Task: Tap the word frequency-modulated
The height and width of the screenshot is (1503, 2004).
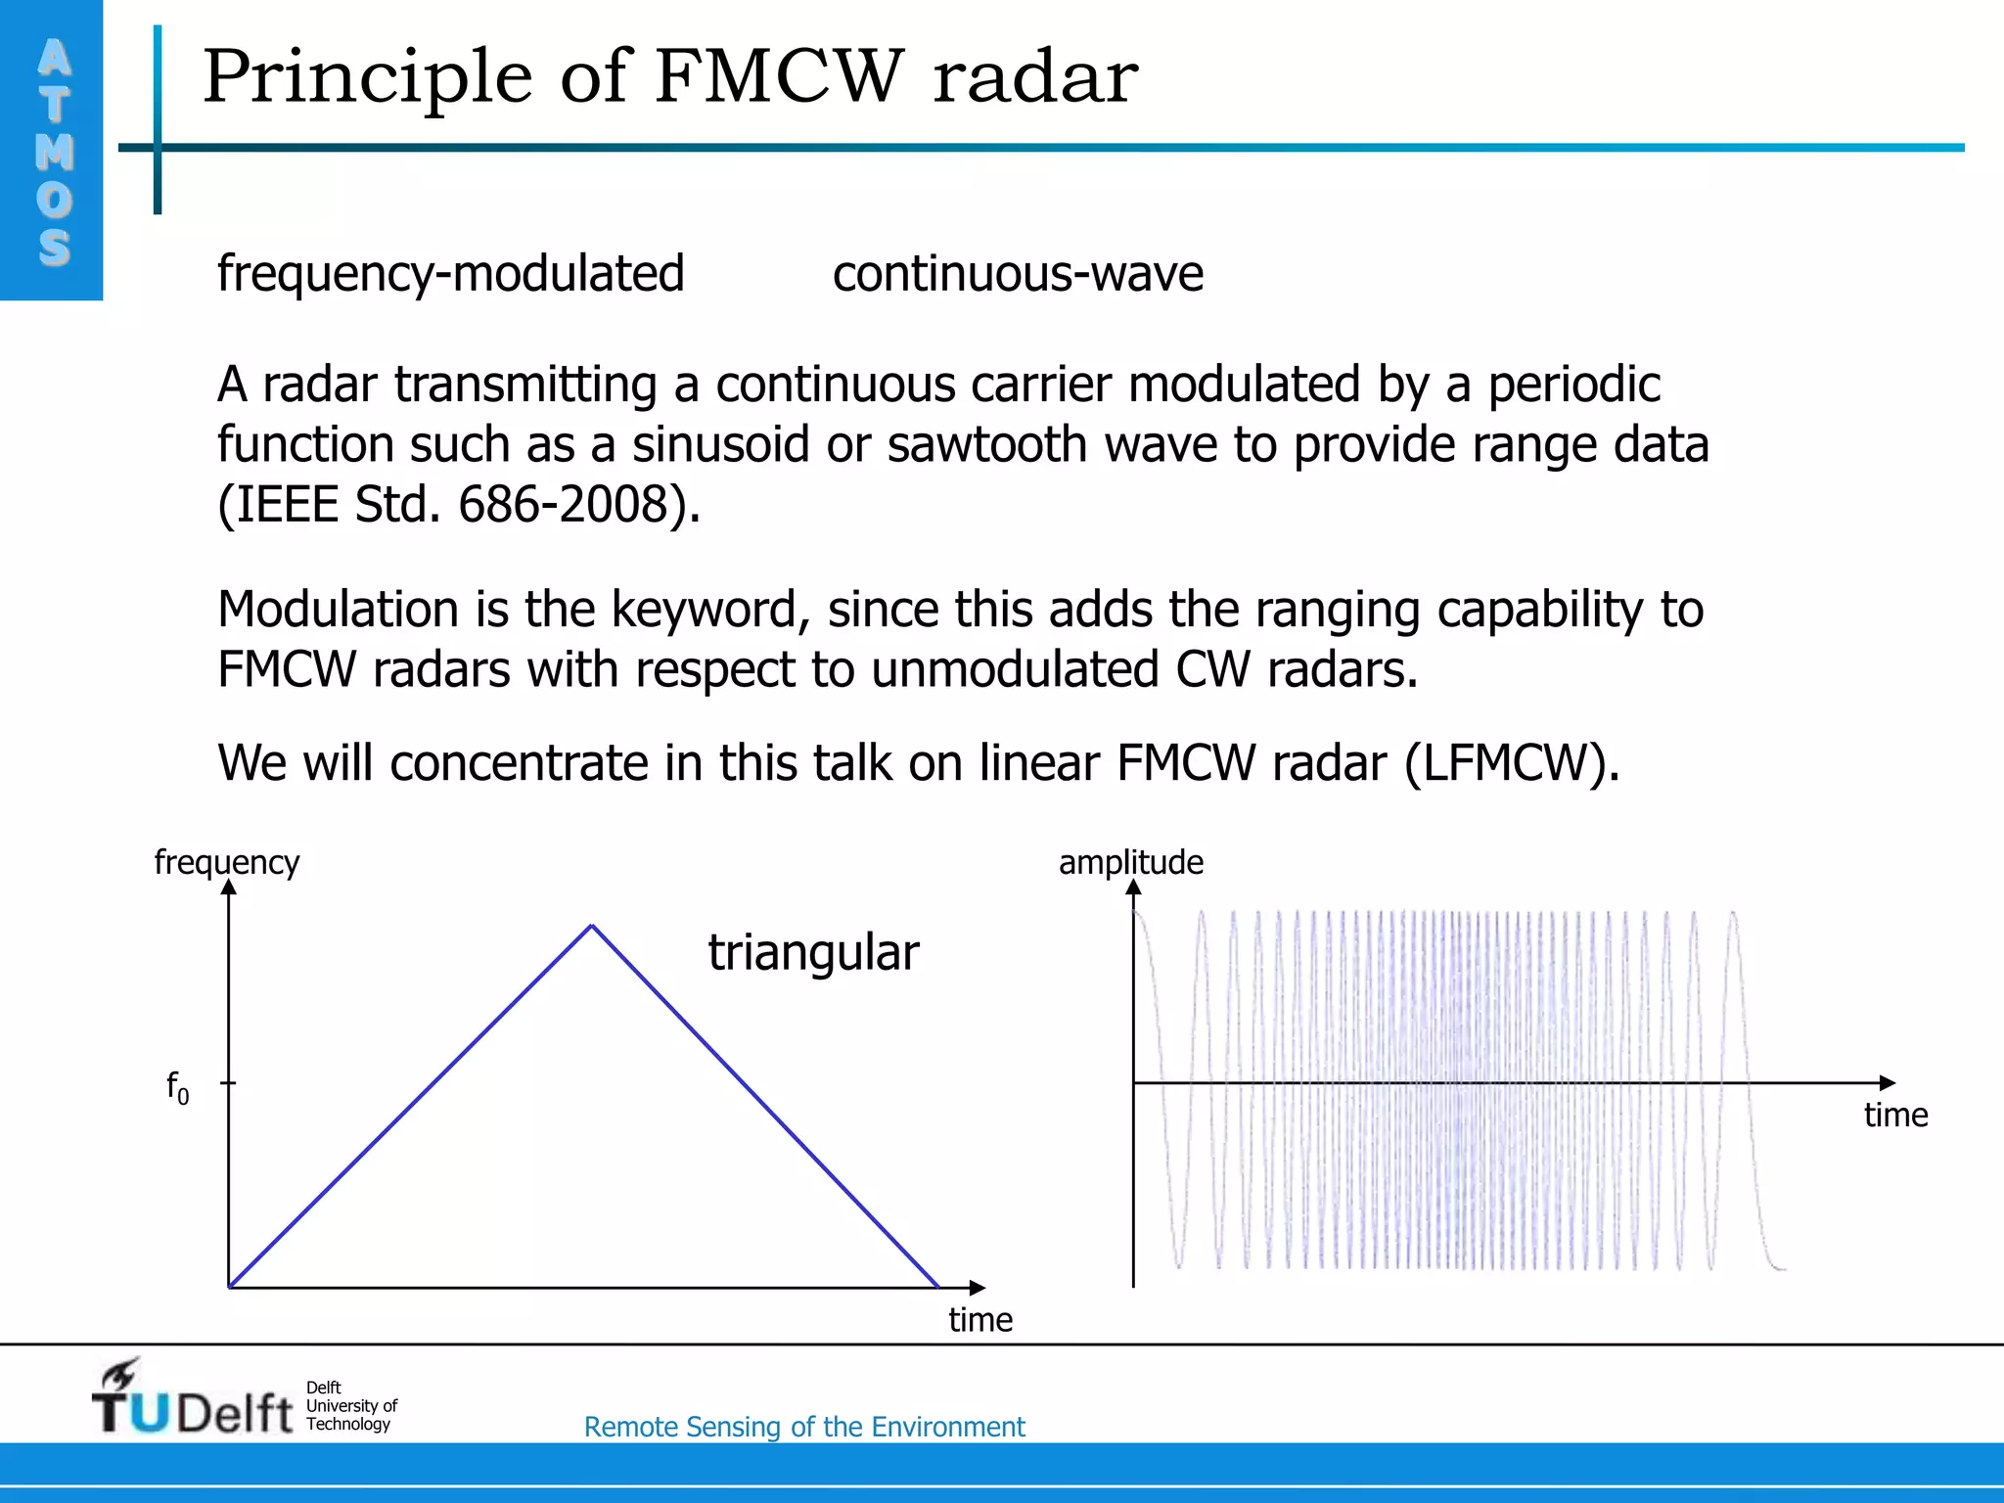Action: point(450,274)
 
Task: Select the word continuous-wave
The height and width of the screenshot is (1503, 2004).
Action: point(1018,274)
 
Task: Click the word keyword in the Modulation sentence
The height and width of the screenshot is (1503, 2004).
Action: point(709,610)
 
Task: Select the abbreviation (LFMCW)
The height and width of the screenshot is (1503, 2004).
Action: point(1512,763)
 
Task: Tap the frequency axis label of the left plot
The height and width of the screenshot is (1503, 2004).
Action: point(226,862)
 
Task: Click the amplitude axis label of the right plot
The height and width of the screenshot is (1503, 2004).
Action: point(1130,862)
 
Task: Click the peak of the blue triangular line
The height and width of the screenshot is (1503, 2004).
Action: point(592,925)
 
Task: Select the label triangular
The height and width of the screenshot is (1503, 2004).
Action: point(813,953)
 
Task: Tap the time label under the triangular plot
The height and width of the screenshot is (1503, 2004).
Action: point(980,1320)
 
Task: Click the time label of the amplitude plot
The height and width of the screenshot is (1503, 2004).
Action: point(1895,1116)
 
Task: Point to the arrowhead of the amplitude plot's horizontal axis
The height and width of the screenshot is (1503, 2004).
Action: point(1888,1082)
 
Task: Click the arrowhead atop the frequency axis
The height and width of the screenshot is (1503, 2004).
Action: point(229,887)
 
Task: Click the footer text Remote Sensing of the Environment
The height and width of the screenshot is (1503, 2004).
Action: point(804,1427)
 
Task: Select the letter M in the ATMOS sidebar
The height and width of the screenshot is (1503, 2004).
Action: point(54,152)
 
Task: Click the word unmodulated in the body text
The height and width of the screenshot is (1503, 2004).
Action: point(1015,671)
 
